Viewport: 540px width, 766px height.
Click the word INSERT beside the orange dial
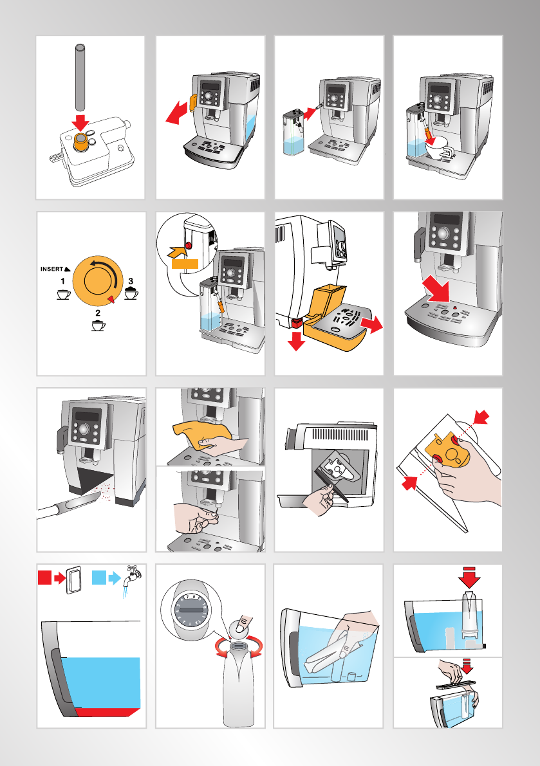click(51, 269)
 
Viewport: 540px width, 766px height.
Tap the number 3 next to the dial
click(131, 282)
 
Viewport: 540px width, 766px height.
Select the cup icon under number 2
click(98, 325)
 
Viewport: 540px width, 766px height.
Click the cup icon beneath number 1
click(64, 295)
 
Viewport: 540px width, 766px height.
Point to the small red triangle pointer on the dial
click(111, 298)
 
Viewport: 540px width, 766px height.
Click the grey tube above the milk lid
click(80, 77)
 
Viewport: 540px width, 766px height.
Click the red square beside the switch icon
click(44, 578)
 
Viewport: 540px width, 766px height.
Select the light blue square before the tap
click(98, 578)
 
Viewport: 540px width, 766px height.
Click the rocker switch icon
click(74, 580)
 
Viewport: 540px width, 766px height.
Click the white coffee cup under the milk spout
click(438, 147)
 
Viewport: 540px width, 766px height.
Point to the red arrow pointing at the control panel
click(436, 289)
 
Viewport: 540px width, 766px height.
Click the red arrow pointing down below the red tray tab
click(296, 340)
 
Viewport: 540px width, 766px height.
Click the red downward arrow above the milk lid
click(81, 123)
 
